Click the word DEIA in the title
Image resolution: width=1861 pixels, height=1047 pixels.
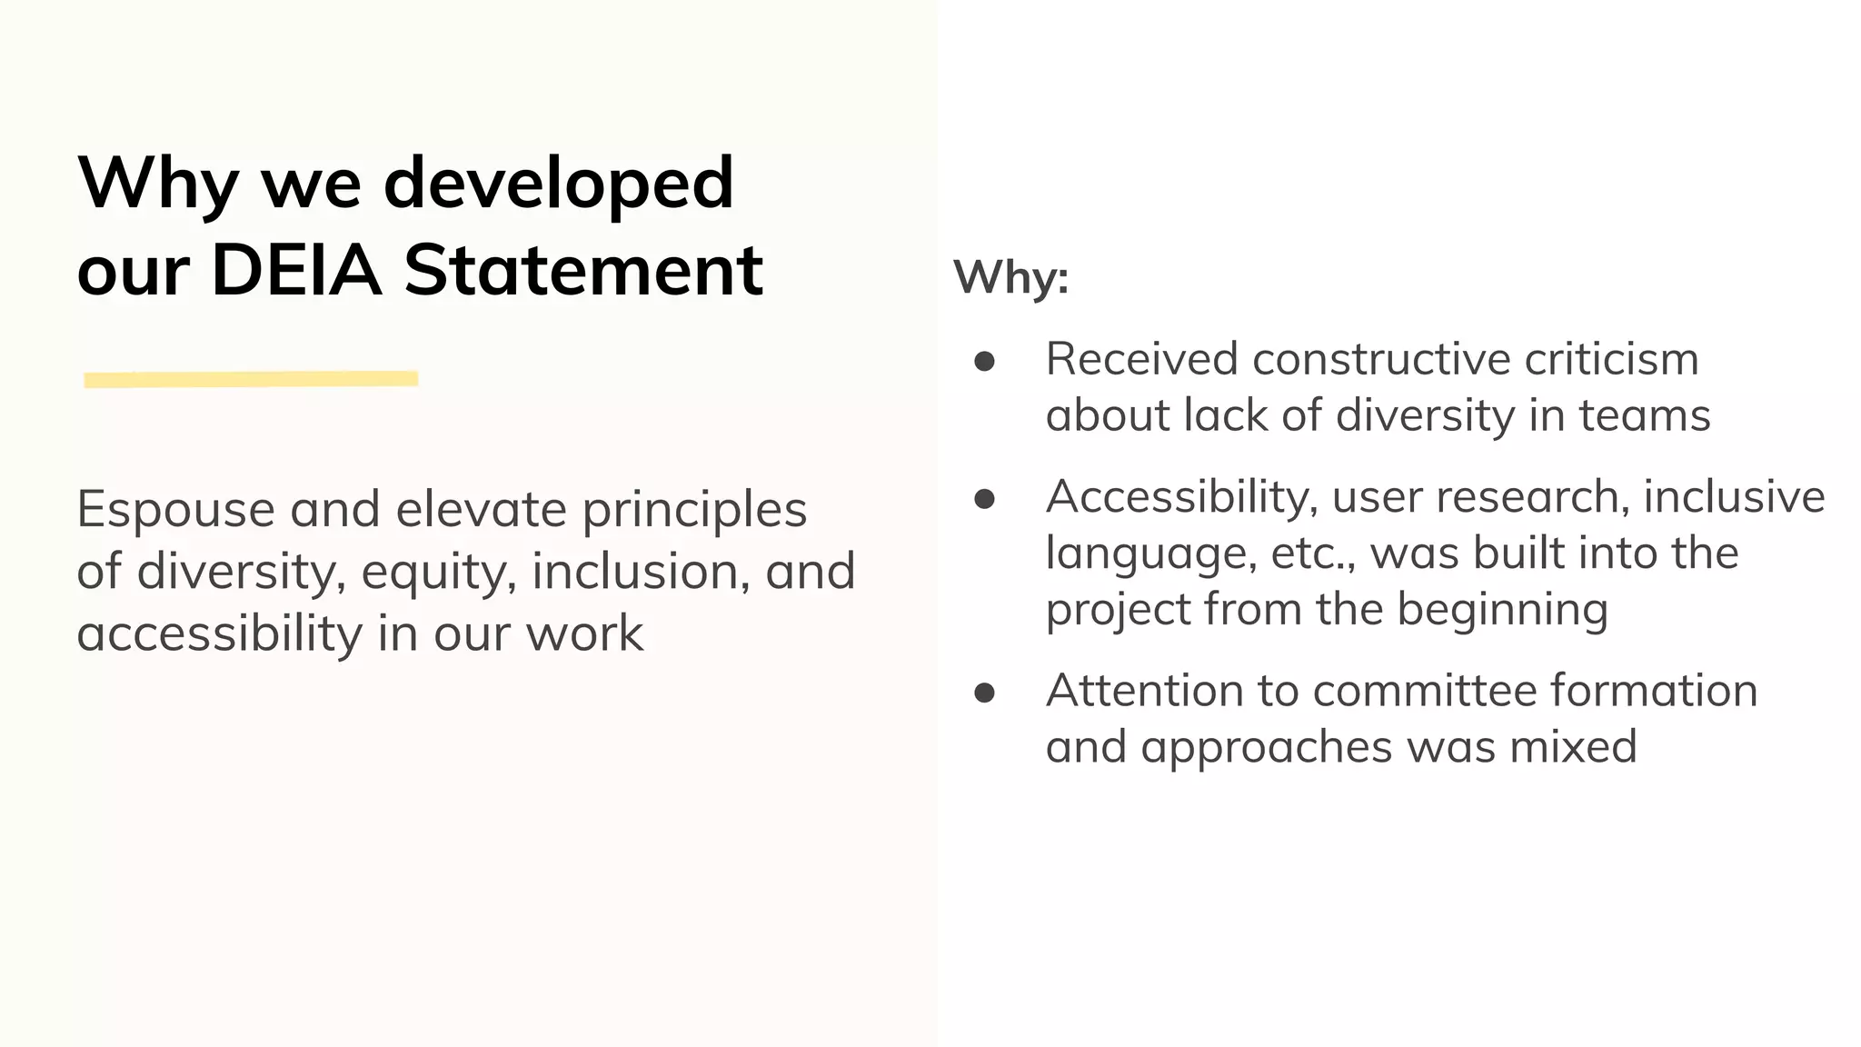[296, 270]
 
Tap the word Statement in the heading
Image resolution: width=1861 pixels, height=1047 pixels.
[583, 270]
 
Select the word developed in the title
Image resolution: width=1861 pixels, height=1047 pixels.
[558, 184]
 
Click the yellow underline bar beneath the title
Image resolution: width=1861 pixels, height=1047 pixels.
[251, 379]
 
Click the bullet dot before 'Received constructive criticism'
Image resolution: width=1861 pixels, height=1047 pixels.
[984, 362]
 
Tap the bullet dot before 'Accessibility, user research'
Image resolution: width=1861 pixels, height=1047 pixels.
[984, 499]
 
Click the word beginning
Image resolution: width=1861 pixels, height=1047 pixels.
[1502, 610]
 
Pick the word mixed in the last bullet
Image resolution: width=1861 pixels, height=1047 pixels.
[1573, 747]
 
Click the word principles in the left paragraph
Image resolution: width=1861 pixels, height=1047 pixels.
[694, 510]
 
